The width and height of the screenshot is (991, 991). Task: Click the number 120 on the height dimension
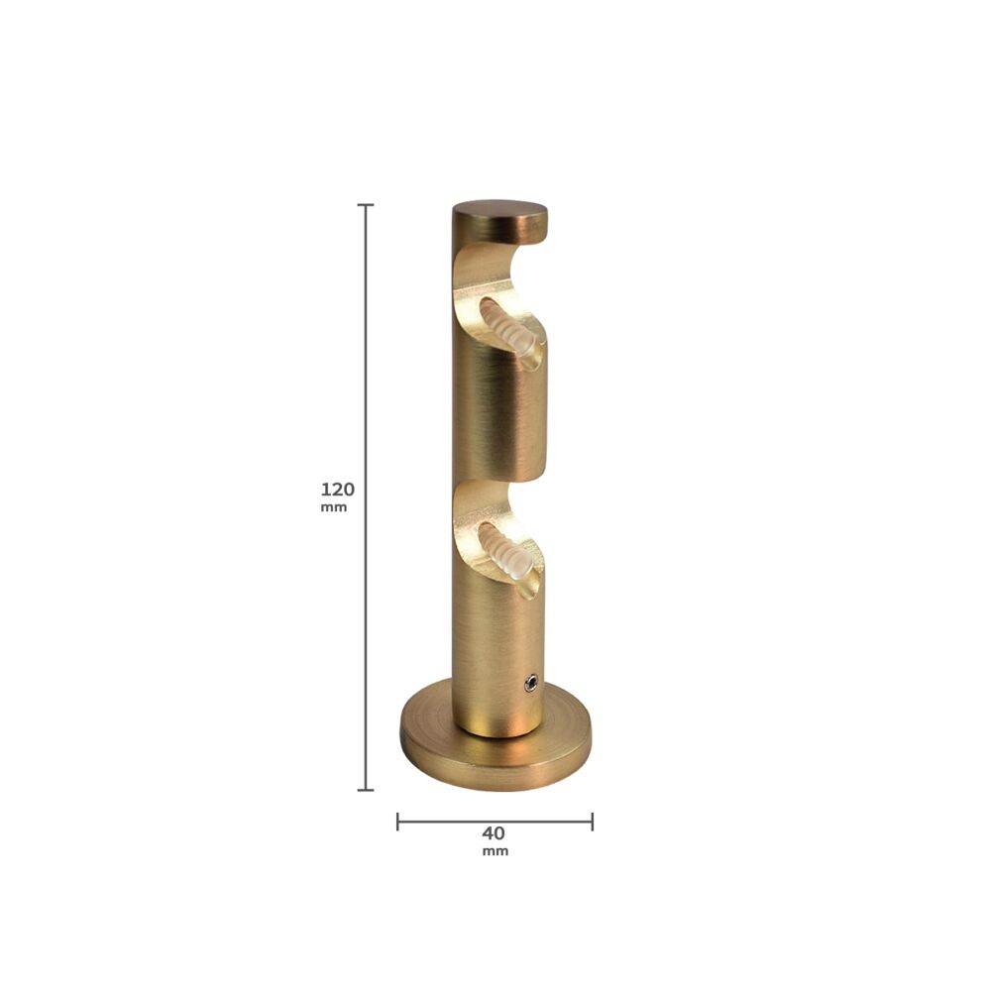338,490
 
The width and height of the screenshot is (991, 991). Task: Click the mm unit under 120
334,507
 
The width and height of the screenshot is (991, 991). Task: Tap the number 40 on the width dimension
494,833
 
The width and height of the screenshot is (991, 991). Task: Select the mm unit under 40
495,851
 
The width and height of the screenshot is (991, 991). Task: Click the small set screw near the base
531,682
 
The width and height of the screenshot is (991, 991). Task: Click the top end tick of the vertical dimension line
366,205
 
